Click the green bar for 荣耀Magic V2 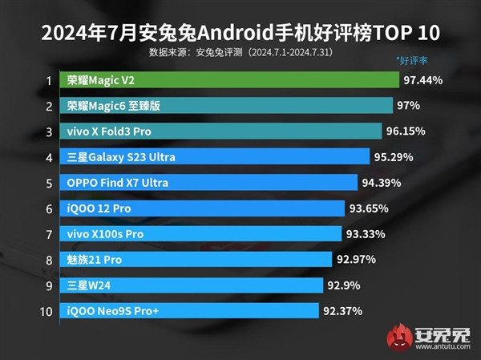pos(229,80)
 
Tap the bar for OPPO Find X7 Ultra pos(208,183)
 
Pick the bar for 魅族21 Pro pos(196,259)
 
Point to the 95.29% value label pos(395,157)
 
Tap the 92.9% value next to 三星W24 pos(344,285)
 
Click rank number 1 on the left pos(49,80)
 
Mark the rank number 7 pos(49,234)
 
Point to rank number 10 pos(46,310)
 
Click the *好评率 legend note pos(413,60)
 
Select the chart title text pos(240,34)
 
